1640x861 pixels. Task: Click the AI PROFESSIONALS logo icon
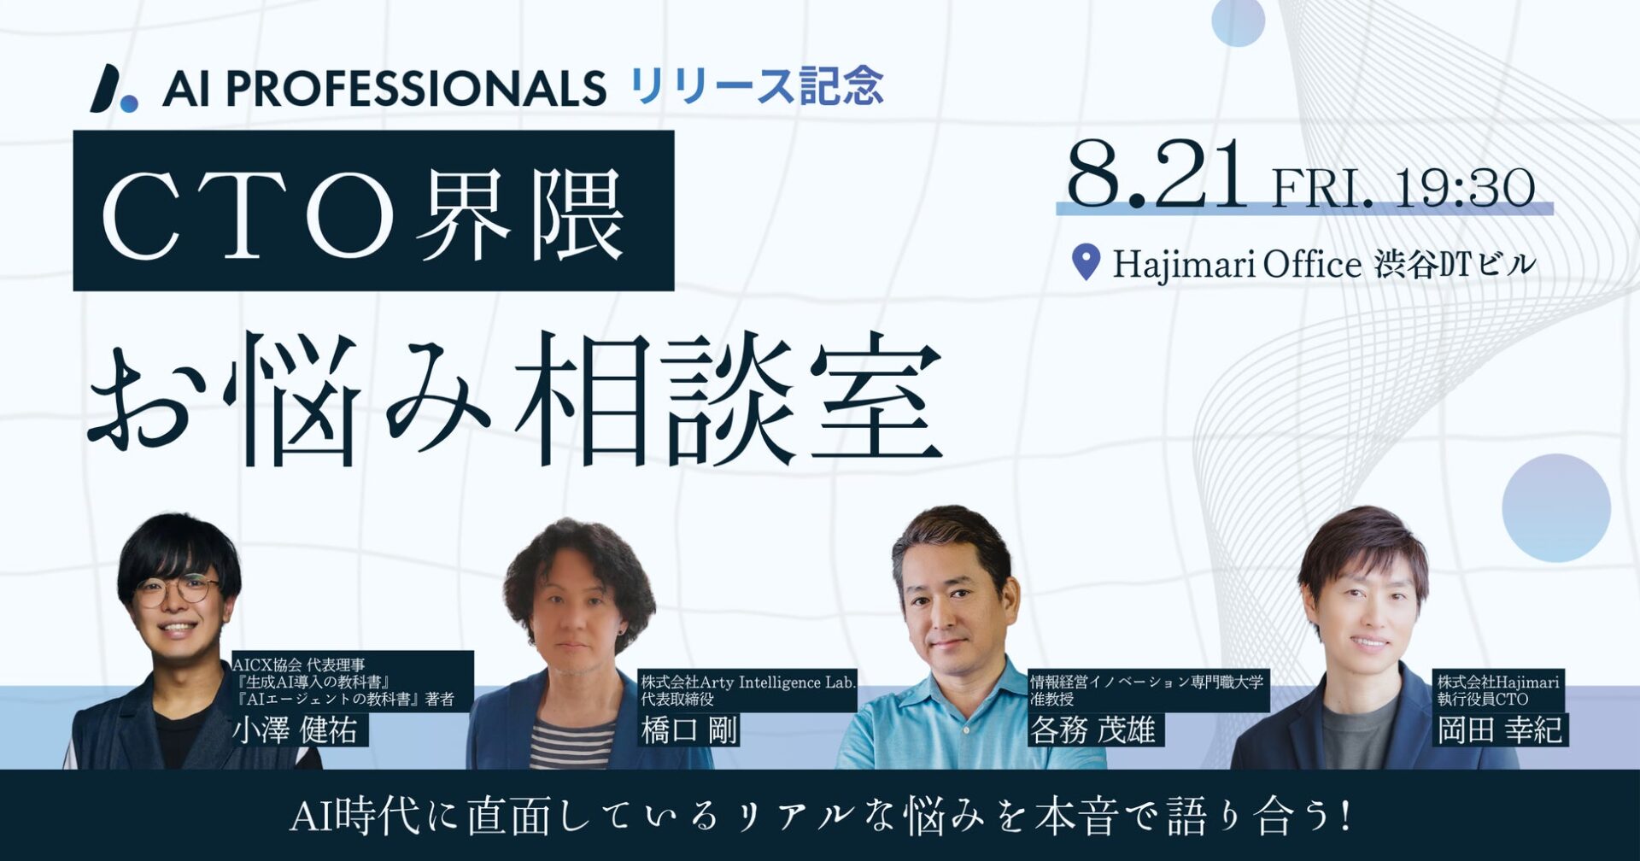point(114,88)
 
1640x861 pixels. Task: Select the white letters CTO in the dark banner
point(248,214)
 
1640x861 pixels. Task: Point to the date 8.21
point(1157,174)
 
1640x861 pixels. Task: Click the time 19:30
point(1465,188)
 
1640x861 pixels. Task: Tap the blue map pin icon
point(1086,262)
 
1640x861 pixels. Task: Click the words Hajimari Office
point(1237,265)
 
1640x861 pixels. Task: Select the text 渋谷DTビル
point(1455,265)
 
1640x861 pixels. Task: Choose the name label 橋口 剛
point(689,731)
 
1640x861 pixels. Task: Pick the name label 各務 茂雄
point(1092,731)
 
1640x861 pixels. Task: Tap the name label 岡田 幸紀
point(1500,731)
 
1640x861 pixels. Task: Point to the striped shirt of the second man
point(571,743)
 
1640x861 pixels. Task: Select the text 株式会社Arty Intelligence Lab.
point(748,682)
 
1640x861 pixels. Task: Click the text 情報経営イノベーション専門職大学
point(1146,682)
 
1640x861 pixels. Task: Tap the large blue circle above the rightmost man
point(1556,507)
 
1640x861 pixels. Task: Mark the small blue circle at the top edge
point(1238,20)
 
